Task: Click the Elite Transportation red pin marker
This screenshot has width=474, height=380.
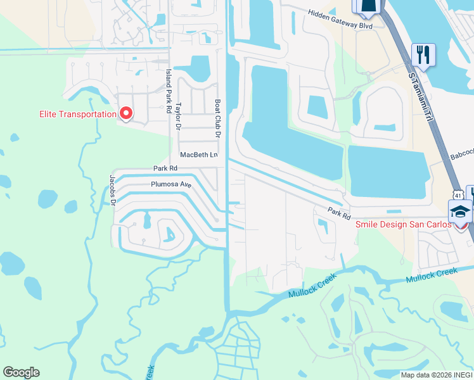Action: pyautogui.click(x=125, y=113)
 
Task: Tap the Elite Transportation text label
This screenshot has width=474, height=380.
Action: pyautogui.click(x=78, y=115)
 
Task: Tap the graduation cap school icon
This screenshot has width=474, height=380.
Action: pyautogui.click(x=460, y=210)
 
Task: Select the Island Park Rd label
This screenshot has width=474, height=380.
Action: pyautogui.click(x=169, y=91)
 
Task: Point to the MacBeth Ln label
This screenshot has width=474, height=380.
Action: pyautogui.click(x=199, y=155)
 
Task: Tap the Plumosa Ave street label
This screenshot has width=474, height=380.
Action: pyautogui.click(x=170, y=185)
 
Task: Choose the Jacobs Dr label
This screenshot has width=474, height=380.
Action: pyautogui.click(x=113, y=190)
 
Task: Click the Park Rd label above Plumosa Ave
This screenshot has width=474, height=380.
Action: pyautogui.click(x=165, y=168)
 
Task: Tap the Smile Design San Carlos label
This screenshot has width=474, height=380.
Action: pyautogui.click(x=404, y=225)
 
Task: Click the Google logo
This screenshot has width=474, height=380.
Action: pyautogui.click(x=21, y=372)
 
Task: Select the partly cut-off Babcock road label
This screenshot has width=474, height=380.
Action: pyautogui.click(x=461, y=154)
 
